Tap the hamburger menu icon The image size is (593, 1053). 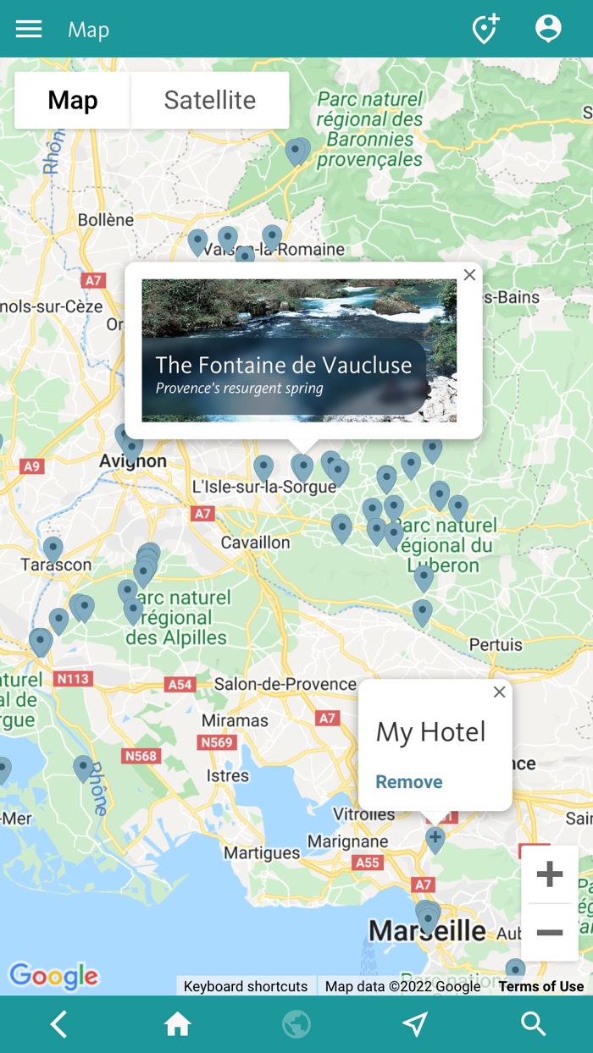click(x=29, y=30)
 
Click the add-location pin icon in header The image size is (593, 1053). click(x=485, y=29)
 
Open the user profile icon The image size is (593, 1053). click(x=548, y=29)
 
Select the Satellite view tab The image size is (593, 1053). click(x=209, y=100)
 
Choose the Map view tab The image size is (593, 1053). click(x=73, y=100)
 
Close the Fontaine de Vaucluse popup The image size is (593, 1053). click(x=469, y=275)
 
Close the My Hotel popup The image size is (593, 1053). click(x=499, y=692)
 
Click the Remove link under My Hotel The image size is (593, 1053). click(x=409, y=781)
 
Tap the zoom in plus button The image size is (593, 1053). click(x=550, y=874)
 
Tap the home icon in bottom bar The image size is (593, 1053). click(x=178, y=1024)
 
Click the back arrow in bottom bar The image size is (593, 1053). click(x=58, y=1024)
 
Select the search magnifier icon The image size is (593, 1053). click(x=534, y=1024)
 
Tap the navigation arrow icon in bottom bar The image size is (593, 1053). click(x=415, y=1024)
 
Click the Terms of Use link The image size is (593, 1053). click(x=540, y=986)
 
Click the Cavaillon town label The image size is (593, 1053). click(x=255, y=542)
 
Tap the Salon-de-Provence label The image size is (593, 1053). click(x=285, y=683)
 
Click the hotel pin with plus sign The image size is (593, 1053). click(x=435, y=839)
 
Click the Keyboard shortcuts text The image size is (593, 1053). click(x=246, y=986)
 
